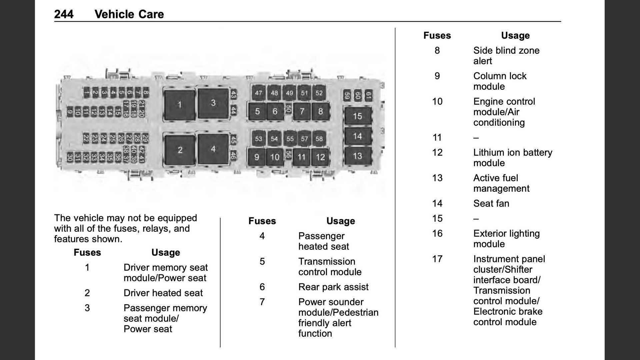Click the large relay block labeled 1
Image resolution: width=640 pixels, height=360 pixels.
click(179, 105)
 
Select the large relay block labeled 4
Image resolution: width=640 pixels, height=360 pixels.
click(213, 149)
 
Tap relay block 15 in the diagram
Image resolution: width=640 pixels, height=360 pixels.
click(357, 116)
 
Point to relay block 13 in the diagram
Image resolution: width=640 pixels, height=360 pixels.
click(357, 156)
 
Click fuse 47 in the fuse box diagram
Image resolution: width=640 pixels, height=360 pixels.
click(258, 93)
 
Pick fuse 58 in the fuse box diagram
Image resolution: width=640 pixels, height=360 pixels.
click(319, 139)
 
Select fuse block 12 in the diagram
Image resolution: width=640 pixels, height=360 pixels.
click(320, 157)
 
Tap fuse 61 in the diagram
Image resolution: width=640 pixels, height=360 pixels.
click(368, 96)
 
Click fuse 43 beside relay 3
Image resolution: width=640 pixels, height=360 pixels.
click(233, 95)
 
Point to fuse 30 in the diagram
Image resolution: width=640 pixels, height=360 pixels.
click(70, 157)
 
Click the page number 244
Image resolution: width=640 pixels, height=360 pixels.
click(64, 14)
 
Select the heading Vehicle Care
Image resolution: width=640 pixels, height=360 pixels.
click(129, 14)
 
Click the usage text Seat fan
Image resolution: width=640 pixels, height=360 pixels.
click(491, 203)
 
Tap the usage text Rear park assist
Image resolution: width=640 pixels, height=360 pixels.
click(333, 287)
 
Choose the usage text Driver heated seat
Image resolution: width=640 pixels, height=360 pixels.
click(163, 293)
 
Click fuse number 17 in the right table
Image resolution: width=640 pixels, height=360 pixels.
click(437, 259)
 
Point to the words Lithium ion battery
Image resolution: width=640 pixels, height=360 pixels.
click(513, 153)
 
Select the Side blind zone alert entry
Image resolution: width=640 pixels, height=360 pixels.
click(506, 56)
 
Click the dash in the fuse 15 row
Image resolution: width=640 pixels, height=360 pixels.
click(476, 219)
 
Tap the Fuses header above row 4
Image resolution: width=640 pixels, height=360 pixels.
click(262, 221)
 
